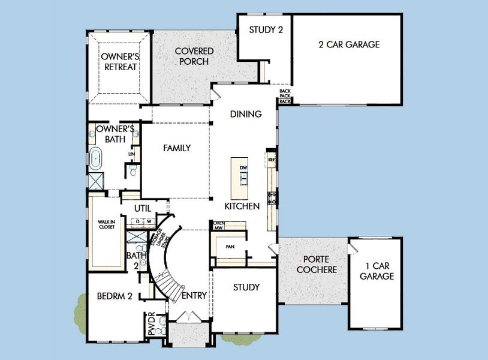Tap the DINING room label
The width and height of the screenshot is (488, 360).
[246, 114]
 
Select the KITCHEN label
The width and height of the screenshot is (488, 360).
[242, 206]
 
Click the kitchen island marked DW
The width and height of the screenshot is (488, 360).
[243, 178]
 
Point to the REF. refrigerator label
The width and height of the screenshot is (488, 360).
[271, 160]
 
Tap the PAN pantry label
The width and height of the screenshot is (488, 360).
[229, 247]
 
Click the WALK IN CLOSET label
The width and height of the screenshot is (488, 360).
[107, 225]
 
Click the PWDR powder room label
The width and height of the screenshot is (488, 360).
[151, 324]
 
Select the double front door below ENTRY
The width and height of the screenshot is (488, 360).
[189, 316]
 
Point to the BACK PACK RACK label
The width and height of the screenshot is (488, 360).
[285, 97]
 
